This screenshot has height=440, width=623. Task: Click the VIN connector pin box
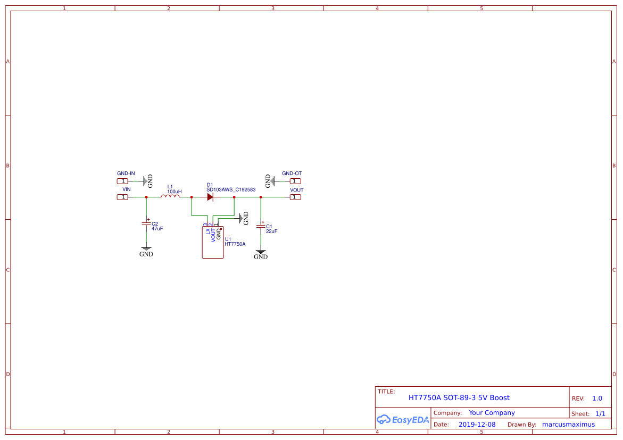click(x=122, y=197)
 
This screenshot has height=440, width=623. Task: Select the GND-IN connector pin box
click(x=122, y=181)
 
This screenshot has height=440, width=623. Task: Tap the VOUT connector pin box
click(x=295, y=197)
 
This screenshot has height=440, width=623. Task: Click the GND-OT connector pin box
click(x=295, y=181)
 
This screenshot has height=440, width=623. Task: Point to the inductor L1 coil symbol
click(x=170, y=197)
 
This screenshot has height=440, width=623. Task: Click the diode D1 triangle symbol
click(x=210, y=197)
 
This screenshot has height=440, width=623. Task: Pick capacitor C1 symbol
click(x=261, y=226)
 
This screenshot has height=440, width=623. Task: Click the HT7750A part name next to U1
click(x=235, y=244)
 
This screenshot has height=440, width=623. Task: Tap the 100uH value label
click(x=174, y=192)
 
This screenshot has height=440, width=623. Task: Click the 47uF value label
click(x=157, y=228)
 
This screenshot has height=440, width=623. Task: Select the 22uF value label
click(x=271, y=231)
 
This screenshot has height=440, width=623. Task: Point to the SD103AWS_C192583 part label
click(x=231, y=190)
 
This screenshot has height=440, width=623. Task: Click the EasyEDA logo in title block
click(x=403, y=420)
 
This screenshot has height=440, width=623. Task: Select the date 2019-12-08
click(x=477, y=425)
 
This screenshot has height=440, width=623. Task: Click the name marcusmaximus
click(x=568, y=425)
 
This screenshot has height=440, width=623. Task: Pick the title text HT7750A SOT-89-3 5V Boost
click(x=459, y=397)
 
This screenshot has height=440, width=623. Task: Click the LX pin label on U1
click(x=208, y=232)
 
